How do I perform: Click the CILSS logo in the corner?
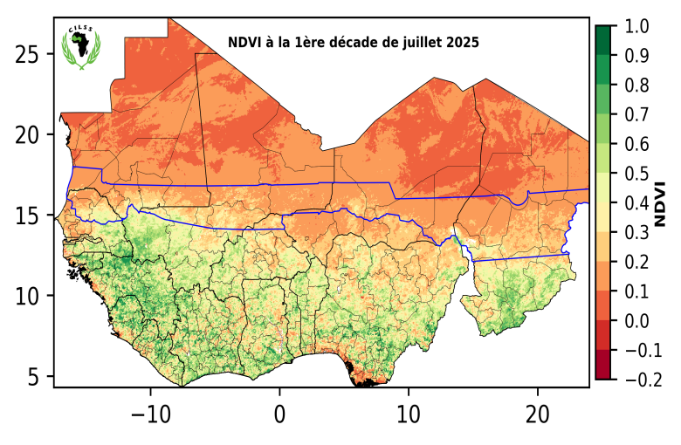point(80,48)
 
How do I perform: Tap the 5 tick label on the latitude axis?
point(35,377)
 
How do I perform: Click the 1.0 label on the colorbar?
point(636,27)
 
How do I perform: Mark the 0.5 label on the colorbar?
point(636,175)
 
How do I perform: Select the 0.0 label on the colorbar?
point(636,322)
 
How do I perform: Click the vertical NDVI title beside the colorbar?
point(661,203)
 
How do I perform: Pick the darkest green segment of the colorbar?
point(602,40)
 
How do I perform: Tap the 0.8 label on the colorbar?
point(636,86)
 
